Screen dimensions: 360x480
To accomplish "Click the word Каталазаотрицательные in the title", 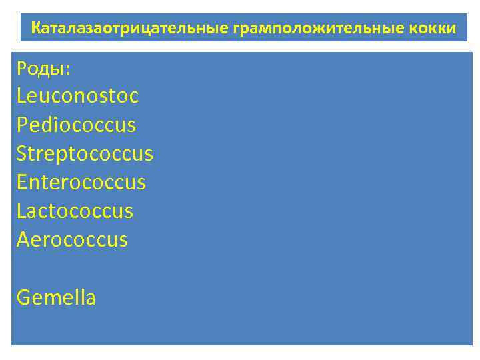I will coord(130,29).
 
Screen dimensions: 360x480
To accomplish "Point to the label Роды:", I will coord(43,67).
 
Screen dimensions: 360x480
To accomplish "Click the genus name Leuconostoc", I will coord(77,96).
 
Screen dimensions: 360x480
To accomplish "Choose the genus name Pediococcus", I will coord(76,125).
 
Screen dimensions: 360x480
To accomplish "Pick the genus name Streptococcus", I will coord(85,154).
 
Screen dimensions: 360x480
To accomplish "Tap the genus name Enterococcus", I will coord(81,182).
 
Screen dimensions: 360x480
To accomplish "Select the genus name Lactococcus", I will coord(75,211).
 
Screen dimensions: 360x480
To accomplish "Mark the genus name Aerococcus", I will coord(72,239).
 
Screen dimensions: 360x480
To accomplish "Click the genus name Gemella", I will coord(56,297).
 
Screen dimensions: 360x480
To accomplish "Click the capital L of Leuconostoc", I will coord(21,96).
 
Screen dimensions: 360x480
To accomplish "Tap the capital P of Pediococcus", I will coord(22,125).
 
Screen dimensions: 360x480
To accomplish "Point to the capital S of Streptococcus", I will coord(22,153).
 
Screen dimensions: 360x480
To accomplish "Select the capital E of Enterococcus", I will coord(22,182).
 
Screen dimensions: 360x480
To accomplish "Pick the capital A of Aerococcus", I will coord(23,239).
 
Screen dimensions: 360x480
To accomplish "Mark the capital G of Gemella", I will coord(23,297).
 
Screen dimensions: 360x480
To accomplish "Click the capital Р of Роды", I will coord(22,67).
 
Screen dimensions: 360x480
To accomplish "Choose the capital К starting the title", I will coord(36,29).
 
